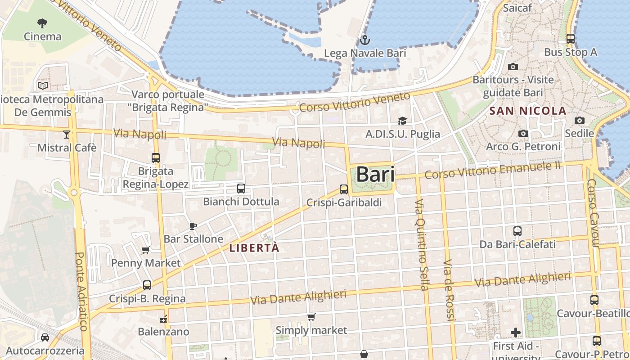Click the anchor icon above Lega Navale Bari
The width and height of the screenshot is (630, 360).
[365, 40]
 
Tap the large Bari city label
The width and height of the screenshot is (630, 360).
[375, 175]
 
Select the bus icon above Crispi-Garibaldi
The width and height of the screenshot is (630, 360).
[344, 189]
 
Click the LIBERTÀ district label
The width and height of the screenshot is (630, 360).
[254, 248]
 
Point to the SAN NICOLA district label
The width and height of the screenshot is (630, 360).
[528, 111]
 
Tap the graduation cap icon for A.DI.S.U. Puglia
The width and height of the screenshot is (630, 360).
[402, 121]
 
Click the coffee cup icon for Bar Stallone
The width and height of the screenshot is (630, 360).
[193, 226]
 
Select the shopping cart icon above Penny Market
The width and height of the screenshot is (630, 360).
[145, 250]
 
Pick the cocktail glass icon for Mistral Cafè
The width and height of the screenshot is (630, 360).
[67, 134]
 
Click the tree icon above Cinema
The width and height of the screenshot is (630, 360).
[42, 23]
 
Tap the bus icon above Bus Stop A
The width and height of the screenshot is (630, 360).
[570, 39]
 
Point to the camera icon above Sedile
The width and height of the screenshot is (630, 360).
[579, 120]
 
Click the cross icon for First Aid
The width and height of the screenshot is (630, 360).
[516, 333]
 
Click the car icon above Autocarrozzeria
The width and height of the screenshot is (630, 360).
[45, 337]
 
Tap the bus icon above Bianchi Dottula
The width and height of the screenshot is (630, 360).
[241, 189]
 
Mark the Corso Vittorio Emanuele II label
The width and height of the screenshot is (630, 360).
[493, 170]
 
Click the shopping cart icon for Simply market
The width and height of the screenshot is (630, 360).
[311, 317]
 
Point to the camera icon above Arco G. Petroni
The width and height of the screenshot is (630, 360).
[523, 133]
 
